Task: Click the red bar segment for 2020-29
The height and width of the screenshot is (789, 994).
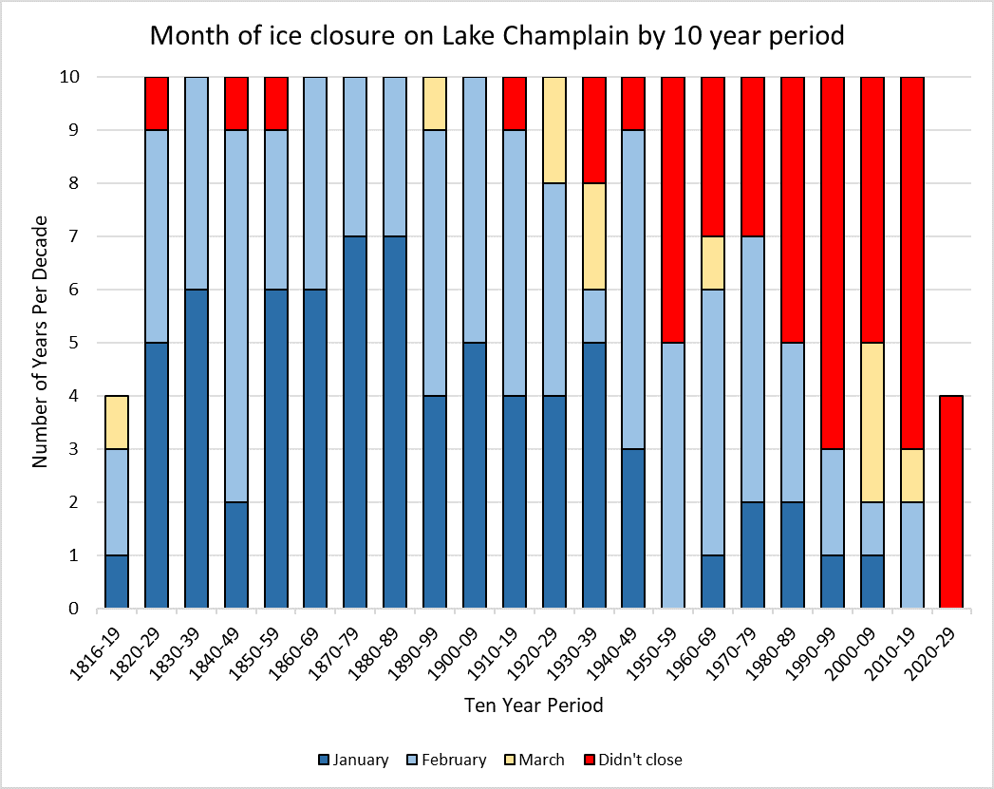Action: click(x=951, y=501)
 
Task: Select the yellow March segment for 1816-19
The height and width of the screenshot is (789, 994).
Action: click(x=117, y=422)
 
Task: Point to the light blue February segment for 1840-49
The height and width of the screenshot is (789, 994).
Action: click(x=235, y=315)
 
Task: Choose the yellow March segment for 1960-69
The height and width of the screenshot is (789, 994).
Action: click(x=713, y=262)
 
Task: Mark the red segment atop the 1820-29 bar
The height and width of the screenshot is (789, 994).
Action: click(x=156, y=103)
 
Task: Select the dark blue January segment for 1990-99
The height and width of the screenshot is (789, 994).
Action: click(x=833, y=581)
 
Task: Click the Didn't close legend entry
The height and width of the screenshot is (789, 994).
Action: click(x=637, y=760)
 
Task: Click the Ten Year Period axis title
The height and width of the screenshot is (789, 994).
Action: click(x=534, y=705)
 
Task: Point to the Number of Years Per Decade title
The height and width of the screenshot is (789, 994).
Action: click(x=40, y=342)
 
